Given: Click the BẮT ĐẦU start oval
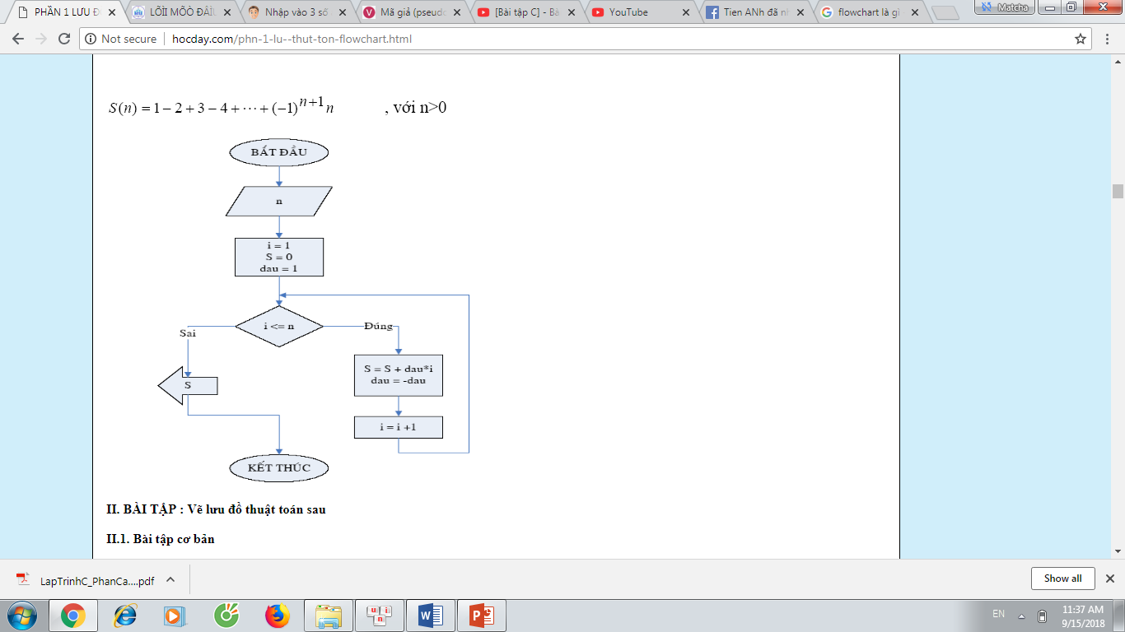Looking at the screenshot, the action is pos(278,152).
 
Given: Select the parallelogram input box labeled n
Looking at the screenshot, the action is pos(278,202).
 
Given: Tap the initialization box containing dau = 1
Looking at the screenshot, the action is pos(278,257).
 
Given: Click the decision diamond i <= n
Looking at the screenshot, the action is pos(278,327).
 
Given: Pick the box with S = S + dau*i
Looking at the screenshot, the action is pos(399,375).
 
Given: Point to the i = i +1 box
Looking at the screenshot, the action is pos(399,427).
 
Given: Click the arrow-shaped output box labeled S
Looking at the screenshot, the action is pos(188,385).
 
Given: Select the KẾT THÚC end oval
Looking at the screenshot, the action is pos(278,468).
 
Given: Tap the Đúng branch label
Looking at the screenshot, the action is pos(378,326).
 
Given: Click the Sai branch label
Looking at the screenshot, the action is pos(188,332).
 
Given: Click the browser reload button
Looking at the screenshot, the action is pos(64,39).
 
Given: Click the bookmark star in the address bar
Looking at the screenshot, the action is pos(1081,39).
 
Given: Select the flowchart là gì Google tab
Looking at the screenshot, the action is pos(869,12).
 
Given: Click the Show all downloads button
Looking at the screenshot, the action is pos(1062,579).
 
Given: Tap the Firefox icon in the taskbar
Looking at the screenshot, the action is pos(277,616).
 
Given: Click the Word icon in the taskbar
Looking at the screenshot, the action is pos(431,616).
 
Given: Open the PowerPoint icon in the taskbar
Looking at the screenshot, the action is pos(481,616).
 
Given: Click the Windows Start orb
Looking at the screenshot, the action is pos(22,616).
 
